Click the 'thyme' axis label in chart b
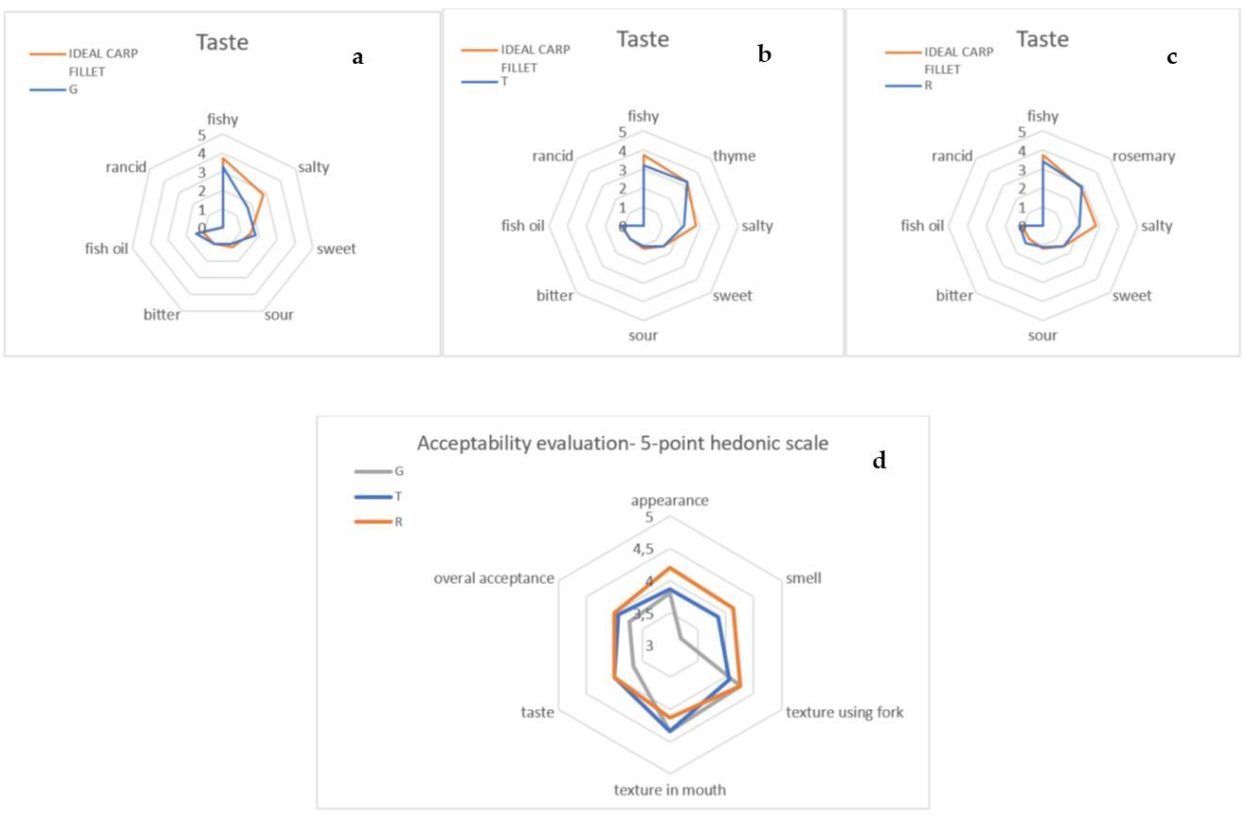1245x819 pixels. [x=734, y=156]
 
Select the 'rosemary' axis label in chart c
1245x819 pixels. [x=1144, y=156]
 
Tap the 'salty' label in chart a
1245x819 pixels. [x=313, y=167]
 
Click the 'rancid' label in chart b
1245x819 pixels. [x=552, y=156]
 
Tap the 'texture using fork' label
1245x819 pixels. [x=844, y=712]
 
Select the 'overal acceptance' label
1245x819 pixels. [x=493, y=578]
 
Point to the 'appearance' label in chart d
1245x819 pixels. [x=670, y=500]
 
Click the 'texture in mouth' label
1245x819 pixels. [x=670, y=790]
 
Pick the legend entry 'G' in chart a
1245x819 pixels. [x=73, y=90]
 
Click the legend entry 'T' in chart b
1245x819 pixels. [x=504, y=82]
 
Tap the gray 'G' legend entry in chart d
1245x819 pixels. [x=399, y=471]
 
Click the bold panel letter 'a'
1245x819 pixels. [x=358, y=57]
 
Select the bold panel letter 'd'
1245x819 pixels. [x=879, y=461]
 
